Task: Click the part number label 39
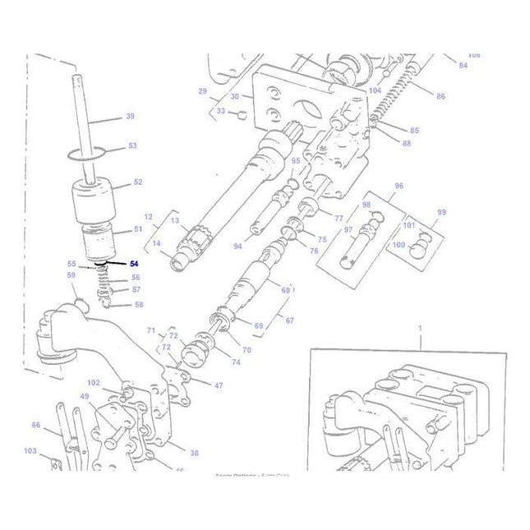pos(130,117)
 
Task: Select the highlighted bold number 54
pos(135,264)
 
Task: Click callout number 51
pos(137,229)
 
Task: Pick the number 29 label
pos(202,90)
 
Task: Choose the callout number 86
pos(440,96)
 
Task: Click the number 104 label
pos(375,90)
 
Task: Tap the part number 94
pos(237,246)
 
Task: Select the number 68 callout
pos(286,290)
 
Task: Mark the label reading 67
pos(289,320)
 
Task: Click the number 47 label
pos(218,385)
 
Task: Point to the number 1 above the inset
pos(420,327)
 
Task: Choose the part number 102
pos(93,382)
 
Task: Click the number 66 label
pos(36,425)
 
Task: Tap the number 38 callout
pos(194,453)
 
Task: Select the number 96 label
pos(399,186)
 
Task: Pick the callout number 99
pos(441,212)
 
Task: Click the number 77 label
pos(339,218)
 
